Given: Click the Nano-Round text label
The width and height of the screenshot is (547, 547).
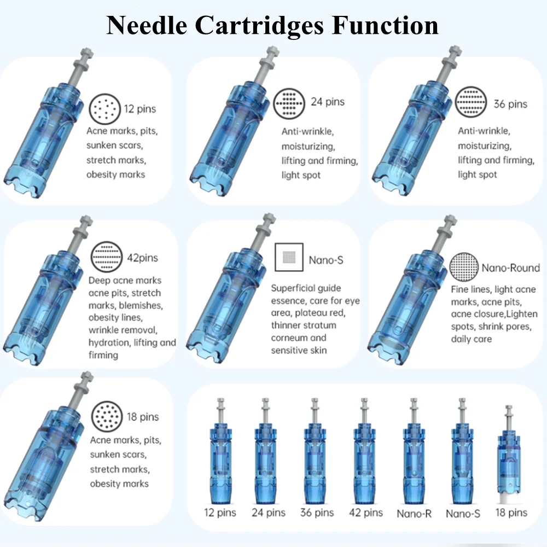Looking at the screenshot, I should tap(510, 268).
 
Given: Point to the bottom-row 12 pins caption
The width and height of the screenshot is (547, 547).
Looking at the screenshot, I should tap(220, 513).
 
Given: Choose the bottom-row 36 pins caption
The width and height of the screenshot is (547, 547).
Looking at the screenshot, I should tap(317, 513).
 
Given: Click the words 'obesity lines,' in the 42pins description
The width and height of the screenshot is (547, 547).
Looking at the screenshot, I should tap(115, 318).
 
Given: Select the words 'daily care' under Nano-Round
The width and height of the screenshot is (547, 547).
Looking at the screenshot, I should tap(471, 339).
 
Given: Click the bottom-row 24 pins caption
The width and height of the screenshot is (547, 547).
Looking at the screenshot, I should tap(269, 513).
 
